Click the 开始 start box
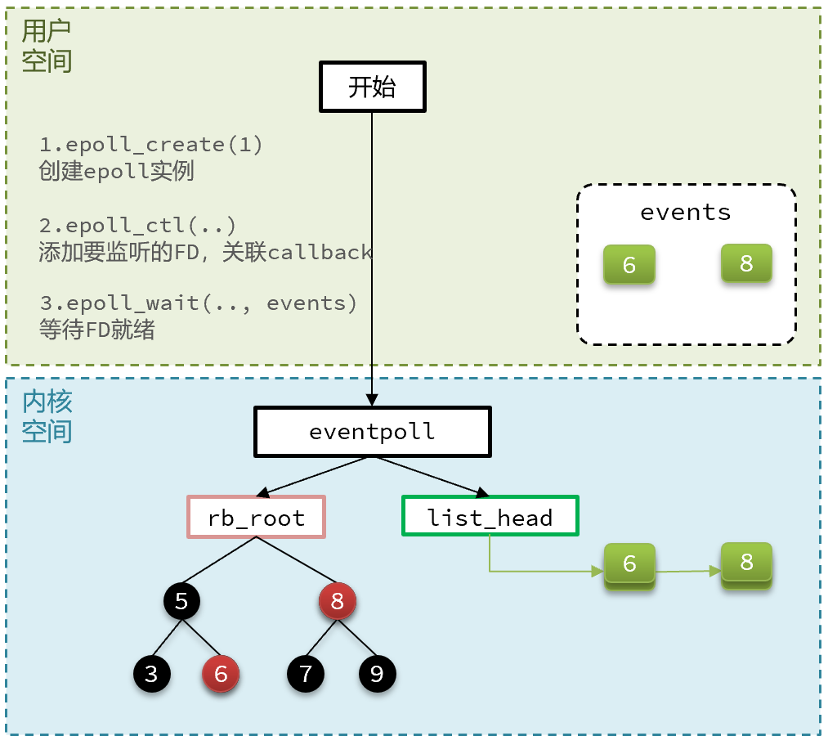pyautogui.click(x=372, y=88)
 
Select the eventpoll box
pyautogui.click(x=372, y=432)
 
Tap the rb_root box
pyautogui.click(x=256, y=517)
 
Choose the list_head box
pyautogui.click(x=490, y=516)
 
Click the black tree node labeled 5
pyautogui.click(x=181, y=602)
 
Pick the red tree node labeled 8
pyautogui.click(x=338, y=602)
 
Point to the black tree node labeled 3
pyautogui.click(x=151, y=674)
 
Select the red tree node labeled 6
pyautogui.click(x=221, y=674)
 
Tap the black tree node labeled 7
pyautogui.click(x=306, y=674)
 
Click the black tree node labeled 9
pyautogui.click(x=377, y=674)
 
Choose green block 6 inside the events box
pyautogui.click(x=629, y=265)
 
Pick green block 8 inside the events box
pyautogui.click(x=746, y=263)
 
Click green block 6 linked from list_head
pyautogui.click(x=629, y=564)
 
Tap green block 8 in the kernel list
pyautogui.click(x=746, y=563)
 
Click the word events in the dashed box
pyautogui.click(x=685, y=213)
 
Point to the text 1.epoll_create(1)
pyautogui.click(x=151, y=145)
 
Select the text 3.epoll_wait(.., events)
pyautogui.click(x=199, y=303)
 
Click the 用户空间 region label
pyautogui.click(x=47, y=46)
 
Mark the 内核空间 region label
pyautogui.click(x=47, y=416)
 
